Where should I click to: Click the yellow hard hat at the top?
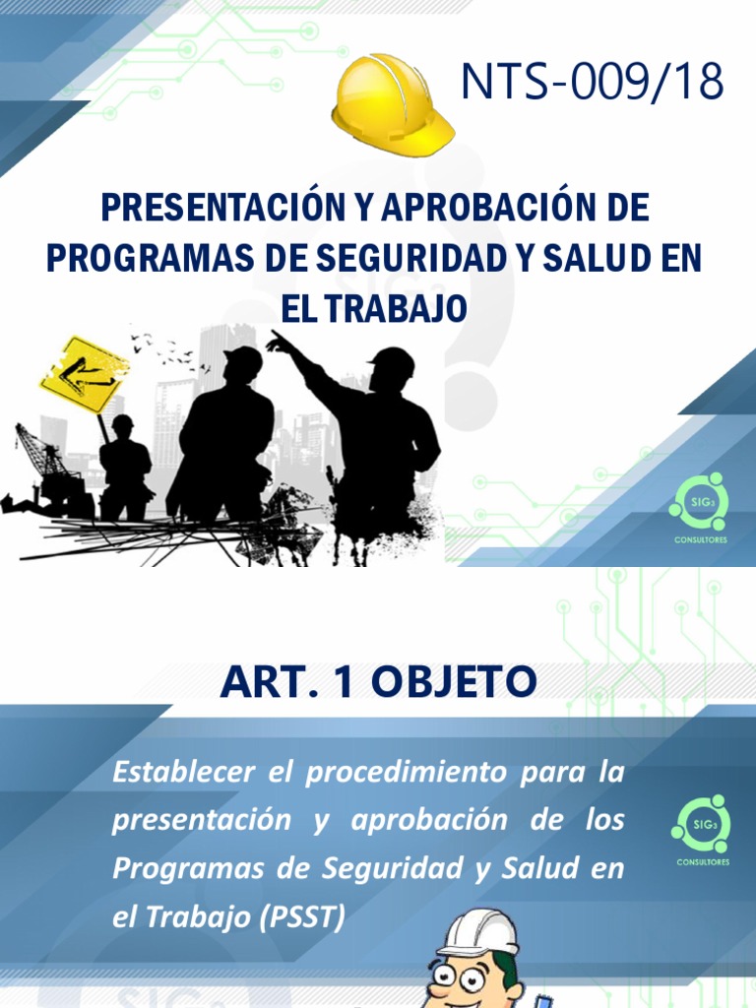[392, 105]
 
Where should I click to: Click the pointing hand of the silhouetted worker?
[279, 342]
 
